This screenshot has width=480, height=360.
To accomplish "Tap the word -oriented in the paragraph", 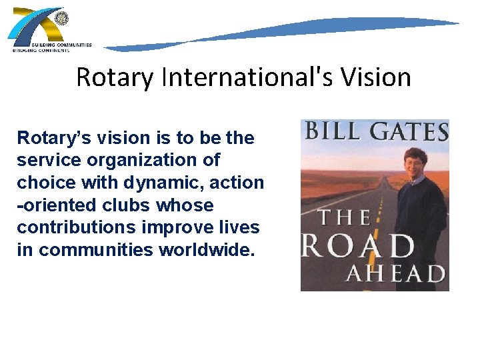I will click(x=55, y=205).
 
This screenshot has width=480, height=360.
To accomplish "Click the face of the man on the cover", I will click(x=416, y=159).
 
